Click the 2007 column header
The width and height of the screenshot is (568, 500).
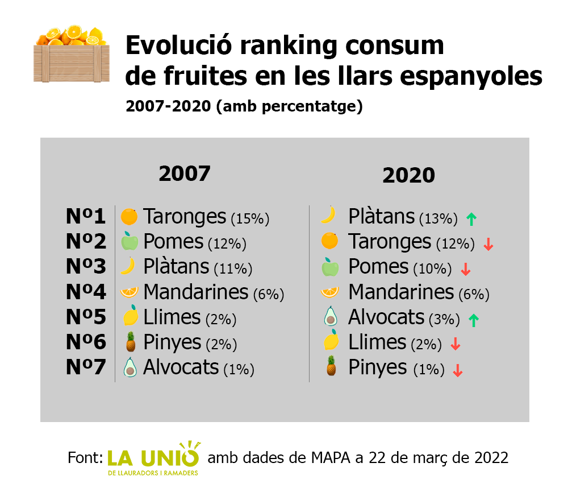point(185,173)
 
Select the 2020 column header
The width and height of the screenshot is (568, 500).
point(408,175)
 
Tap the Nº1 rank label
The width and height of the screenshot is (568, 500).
point(86,217)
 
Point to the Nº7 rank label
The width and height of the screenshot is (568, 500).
point(86,367)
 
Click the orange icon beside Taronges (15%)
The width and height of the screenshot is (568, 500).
point(130,217)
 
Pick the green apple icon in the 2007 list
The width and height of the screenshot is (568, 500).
point(130,242)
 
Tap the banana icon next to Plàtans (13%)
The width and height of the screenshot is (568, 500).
point(328,214)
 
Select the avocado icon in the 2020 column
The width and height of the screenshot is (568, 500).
point(329,316)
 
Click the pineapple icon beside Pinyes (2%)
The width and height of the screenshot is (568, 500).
point(130,342)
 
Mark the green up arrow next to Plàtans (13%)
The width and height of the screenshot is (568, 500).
point(470,218)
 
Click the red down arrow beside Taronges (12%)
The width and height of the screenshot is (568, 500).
point(488,245)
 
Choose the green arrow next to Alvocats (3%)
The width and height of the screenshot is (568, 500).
point(473,320)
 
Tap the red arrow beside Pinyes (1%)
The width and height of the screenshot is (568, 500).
point(457,371)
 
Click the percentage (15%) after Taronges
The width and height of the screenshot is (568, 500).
point(250,218)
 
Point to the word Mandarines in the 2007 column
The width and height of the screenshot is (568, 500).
point(196,292)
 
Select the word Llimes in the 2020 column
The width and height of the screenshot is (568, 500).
point(377,342)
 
